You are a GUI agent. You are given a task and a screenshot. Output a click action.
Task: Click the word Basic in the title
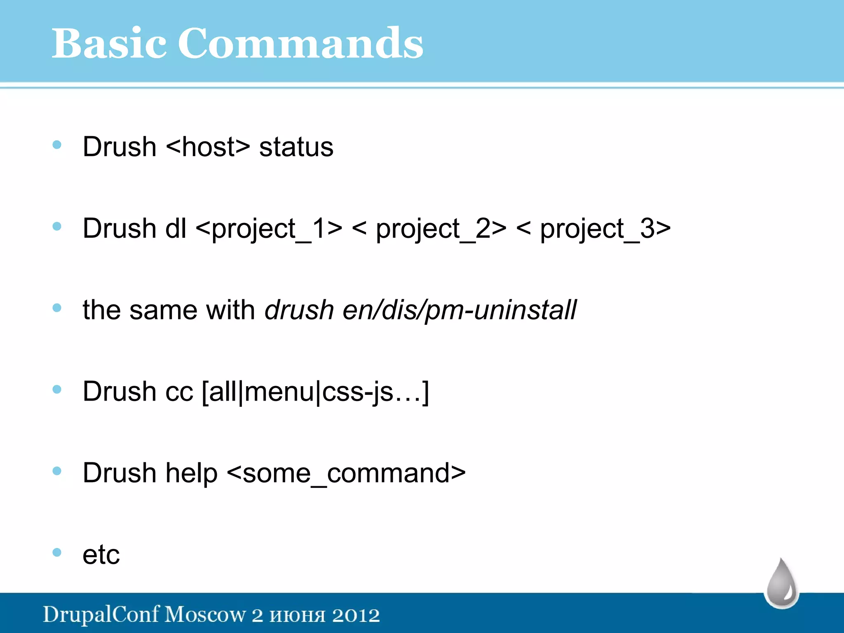point(109,43)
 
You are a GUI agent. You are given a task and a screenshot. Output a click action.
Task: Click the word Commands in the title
point(300,43)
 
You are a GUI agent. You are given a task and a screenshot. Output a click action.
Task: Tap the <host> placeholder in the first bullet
point(208,147)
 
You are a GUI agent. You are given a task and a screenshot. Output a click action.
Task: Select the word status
point(296,147)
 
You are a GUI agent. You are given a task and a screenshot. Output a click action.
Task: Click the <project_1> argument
point(269,229)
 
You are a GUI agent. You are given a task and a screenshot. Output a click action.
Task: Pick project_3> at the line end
point(605,229)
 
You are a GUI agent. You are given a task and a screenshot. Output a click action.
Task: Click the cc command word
point(179,392)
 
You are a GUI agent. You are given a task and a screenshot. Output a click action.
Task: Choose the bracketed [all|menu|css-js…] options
point(316,392)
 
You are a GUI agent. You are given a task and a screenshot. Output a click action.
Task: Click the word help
point(191,473)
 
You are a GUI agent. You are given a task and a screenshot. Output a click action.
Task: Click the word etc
point(101,555)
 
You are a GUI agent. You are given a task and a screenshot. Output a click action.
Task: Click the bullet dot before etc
point(57,552)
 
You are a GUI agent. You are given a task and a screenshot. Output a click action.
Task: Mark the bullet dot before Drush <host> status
point(57,145)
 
